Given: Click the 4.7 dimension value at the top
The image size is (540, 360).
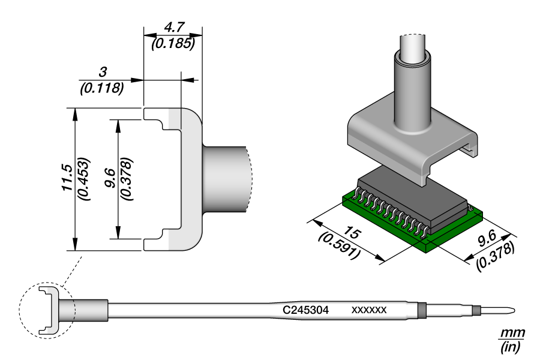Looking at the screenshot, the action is click(174, 27).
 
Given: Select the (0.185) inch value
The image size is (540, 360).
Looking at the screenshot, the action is click(173, 43).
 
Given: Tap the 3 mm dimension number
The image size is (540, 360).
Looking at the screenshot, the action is click(103, 72).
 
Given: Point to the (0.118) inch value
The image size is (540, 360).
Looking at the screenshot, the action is click(102, 88).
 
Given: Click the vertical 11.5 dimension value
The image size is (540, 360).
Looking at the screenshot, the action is click(67, 178).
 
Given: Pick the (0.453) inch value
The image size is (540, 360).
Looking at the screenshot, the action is click(83, 179).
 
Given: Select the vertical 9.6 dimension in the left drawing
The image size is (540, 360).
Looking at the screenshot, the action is click(110, 178).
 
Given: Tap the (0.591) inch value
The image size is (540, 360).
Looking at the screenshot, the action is click(340, 247).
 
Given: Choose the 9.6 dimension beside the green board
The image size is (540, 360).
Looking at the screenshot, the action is click(487, 238).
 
